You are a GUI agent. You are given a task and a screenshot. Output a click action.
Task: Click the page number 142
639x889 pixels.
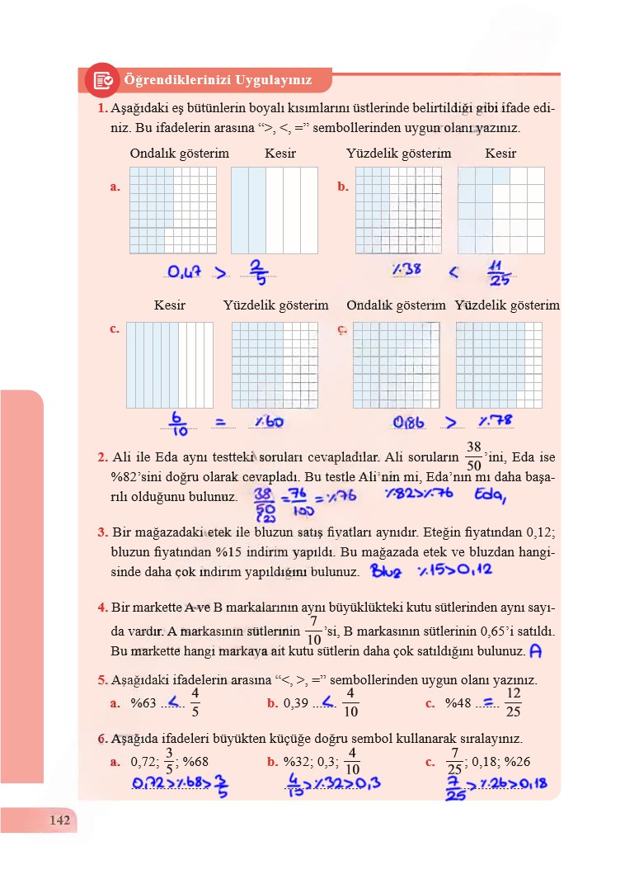[x=59, y=820]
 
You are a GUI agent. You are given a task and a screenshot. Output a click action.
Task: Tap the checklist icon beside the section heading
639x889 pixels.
[x=103, y=80]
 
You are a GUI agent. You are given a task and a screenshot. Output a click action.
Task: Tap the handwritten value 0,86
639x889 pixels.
[x=409, y=423]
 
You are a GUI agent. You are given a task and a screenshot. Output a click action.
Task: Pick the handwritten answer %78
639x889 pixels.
[x=496, y=422]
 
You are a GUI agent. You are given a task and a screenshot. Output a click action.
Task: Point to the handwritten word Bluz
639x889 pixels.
[x=385, y=570]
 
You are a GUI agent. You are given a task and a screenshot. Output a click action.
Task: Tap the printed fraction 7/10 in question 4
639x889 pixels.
[x=313, y=630]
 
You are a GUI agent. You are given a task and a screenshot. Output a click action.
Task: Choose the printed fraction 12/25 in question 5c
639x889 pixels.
[x=513, y=702]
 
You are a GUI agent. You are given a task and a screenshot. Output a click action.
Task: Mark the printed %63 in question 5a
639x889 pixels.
[x=143, y=703]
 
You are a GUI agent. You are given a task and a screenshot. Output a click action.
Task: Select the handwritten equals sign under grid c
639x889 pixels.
[x=221, y=422]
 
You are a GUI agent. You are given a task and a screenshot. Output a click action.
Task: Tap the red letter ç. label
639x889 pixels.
[x=342, y=329]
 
